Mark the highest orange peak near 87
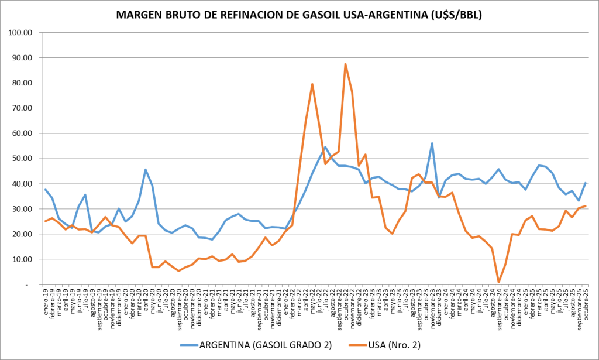[345, 64]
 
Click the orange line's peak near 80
[312, 84]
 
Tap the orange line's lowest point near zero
[498, 282]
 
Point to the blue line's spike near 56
[432, 143]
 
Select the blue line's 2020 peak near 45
[146, 170]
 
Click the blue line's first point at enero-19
[46, 190]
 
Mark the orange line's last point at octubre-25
[586, 205]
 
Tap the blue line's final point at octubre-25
[586, 183]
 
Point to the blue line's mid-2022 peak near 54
[325, 147]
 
